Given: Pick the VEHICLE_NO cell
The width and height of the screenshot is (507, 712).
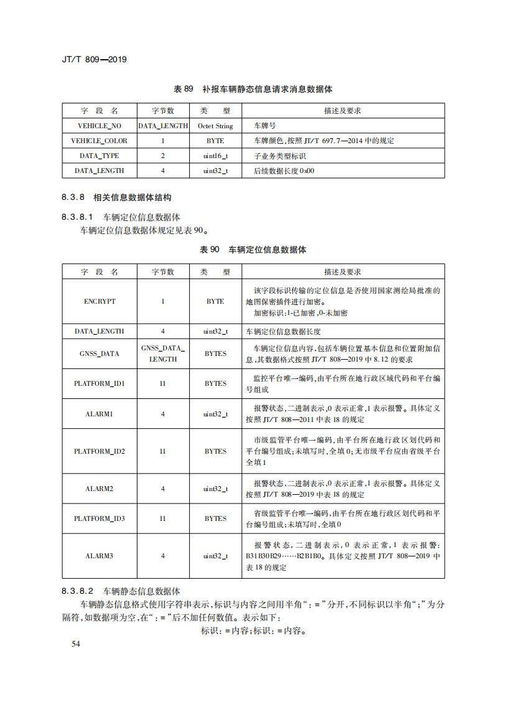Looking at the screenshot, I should coord(100,126).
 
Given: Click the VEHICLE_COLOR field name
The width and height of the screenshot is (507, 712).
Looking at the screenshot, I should coord(100,141).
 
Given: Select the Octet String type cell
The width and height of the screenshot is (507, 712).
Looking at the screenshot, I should coord(215,126).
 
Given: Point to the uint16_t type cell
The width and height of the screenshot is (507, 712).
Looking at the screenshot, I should coord(215,156).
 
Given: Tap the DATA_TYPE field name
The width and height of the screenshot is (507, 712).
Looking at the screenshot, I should coord(100,156).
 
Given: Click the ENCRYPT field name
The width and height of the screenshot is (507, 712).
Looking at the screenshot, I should coord(100,301).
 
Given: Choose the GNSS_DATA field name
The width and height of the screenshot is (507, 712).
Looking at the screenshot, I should coord(100,354).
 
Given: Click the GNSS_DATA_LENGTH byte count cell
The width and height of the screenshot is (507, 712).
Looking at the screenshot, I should coord(163,354).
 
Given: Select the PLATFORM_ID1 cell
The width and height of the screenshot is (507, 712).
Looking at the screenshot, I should coord(100,383).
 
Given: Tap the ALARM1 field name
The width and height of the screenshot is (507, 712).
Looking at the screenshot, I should coord(100,414).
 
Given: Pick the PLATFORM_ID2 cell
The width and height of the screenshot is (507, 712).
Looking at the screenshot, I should coord(100,451).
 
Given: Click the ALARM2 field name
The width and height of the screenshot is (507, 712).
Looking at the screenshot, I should coord(100,489).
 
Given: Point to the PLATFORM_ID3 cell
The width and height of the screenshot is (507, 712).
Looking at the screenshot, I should coord(100,518).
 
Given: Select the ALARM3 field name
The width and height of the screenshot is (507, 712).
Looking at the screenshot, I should coord(100,556).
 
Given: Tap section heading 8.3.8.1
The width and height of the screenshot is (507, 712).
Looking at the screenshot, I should coord(121,217).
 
